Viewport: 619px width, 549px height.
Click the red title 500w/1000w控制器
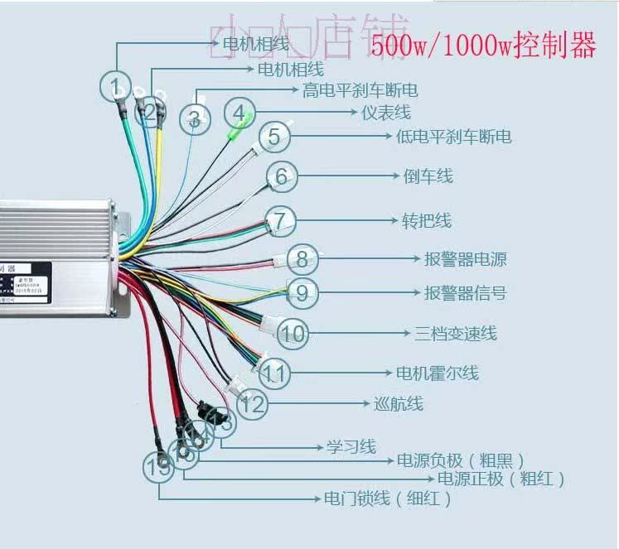pos(483,46)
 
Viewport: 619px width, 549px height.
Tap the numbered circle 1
pos(116,86)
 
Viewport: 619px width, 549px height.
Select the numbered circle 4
pos(239,113)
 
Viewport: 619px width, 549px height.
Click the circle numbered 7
pos(281,221)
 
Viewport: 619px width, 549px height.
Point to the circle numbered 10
pos(292,334)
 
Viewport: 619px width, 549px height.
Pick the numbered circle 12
pos(254,405)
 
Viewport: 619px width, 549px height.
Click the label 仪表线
pos(386,112)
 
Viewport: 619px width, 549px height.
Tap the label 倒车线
pos(428,176)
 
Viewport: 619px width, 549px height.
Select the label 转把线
pos(427,221)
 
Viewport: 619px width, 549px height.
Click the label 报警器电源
pos(465,260)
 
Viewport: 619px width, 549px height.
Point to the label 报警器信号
pos(465,293)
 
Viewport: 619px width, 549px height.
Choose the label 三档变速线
pos(456,334)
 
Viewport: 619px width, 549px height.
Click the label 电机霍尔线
pos(437,373)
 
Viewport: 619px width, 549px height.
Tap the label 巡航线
pos(399,404)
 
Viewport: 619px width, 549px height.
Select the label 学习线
pos(351,447)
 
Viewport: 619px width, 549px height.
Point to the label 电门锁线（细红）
pos(389,499)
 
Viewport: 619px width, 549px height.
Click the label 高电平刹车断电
pos(360,89)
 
